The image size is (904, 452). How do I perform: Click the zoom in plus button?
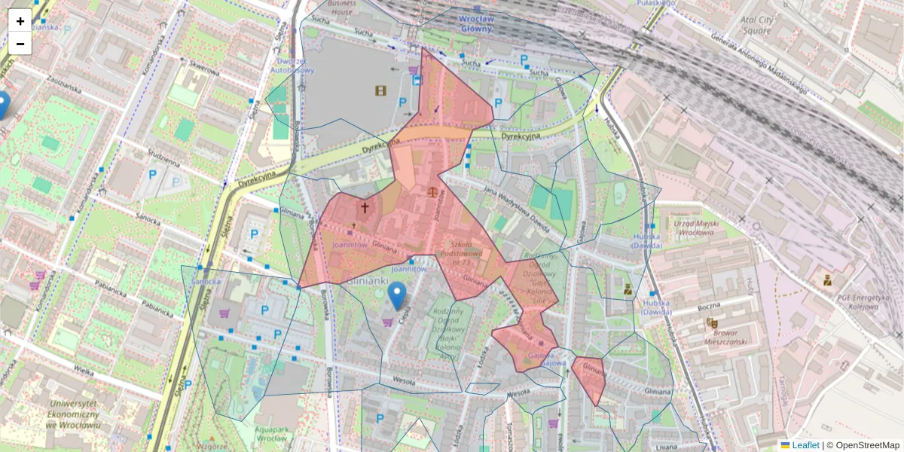(x=20, y=20)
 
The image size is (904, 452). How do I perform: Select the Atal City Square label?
(x=756, y=26)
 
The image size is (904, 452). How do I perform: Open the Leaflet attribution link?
(x=805, y=445)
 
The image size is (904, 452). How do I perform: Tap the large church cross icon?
(x=365, y=207)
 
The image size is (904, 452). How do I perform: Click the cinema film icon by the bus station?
(x=381, y=91)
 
